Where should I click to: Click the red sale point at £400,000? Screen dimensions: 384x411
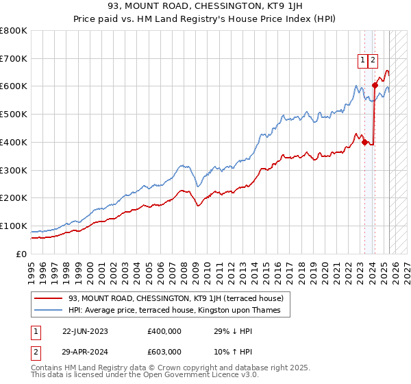coord(364,142)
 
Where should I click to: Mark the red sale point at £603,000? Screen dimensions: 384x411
coord(375,85)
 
